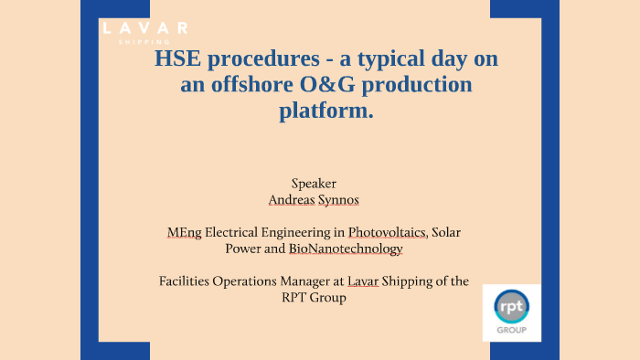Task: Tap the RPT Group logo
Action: click(511, 312)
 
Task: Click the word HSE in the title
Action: click(179, 60)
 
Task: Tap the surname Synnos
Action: click(347, 197)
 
